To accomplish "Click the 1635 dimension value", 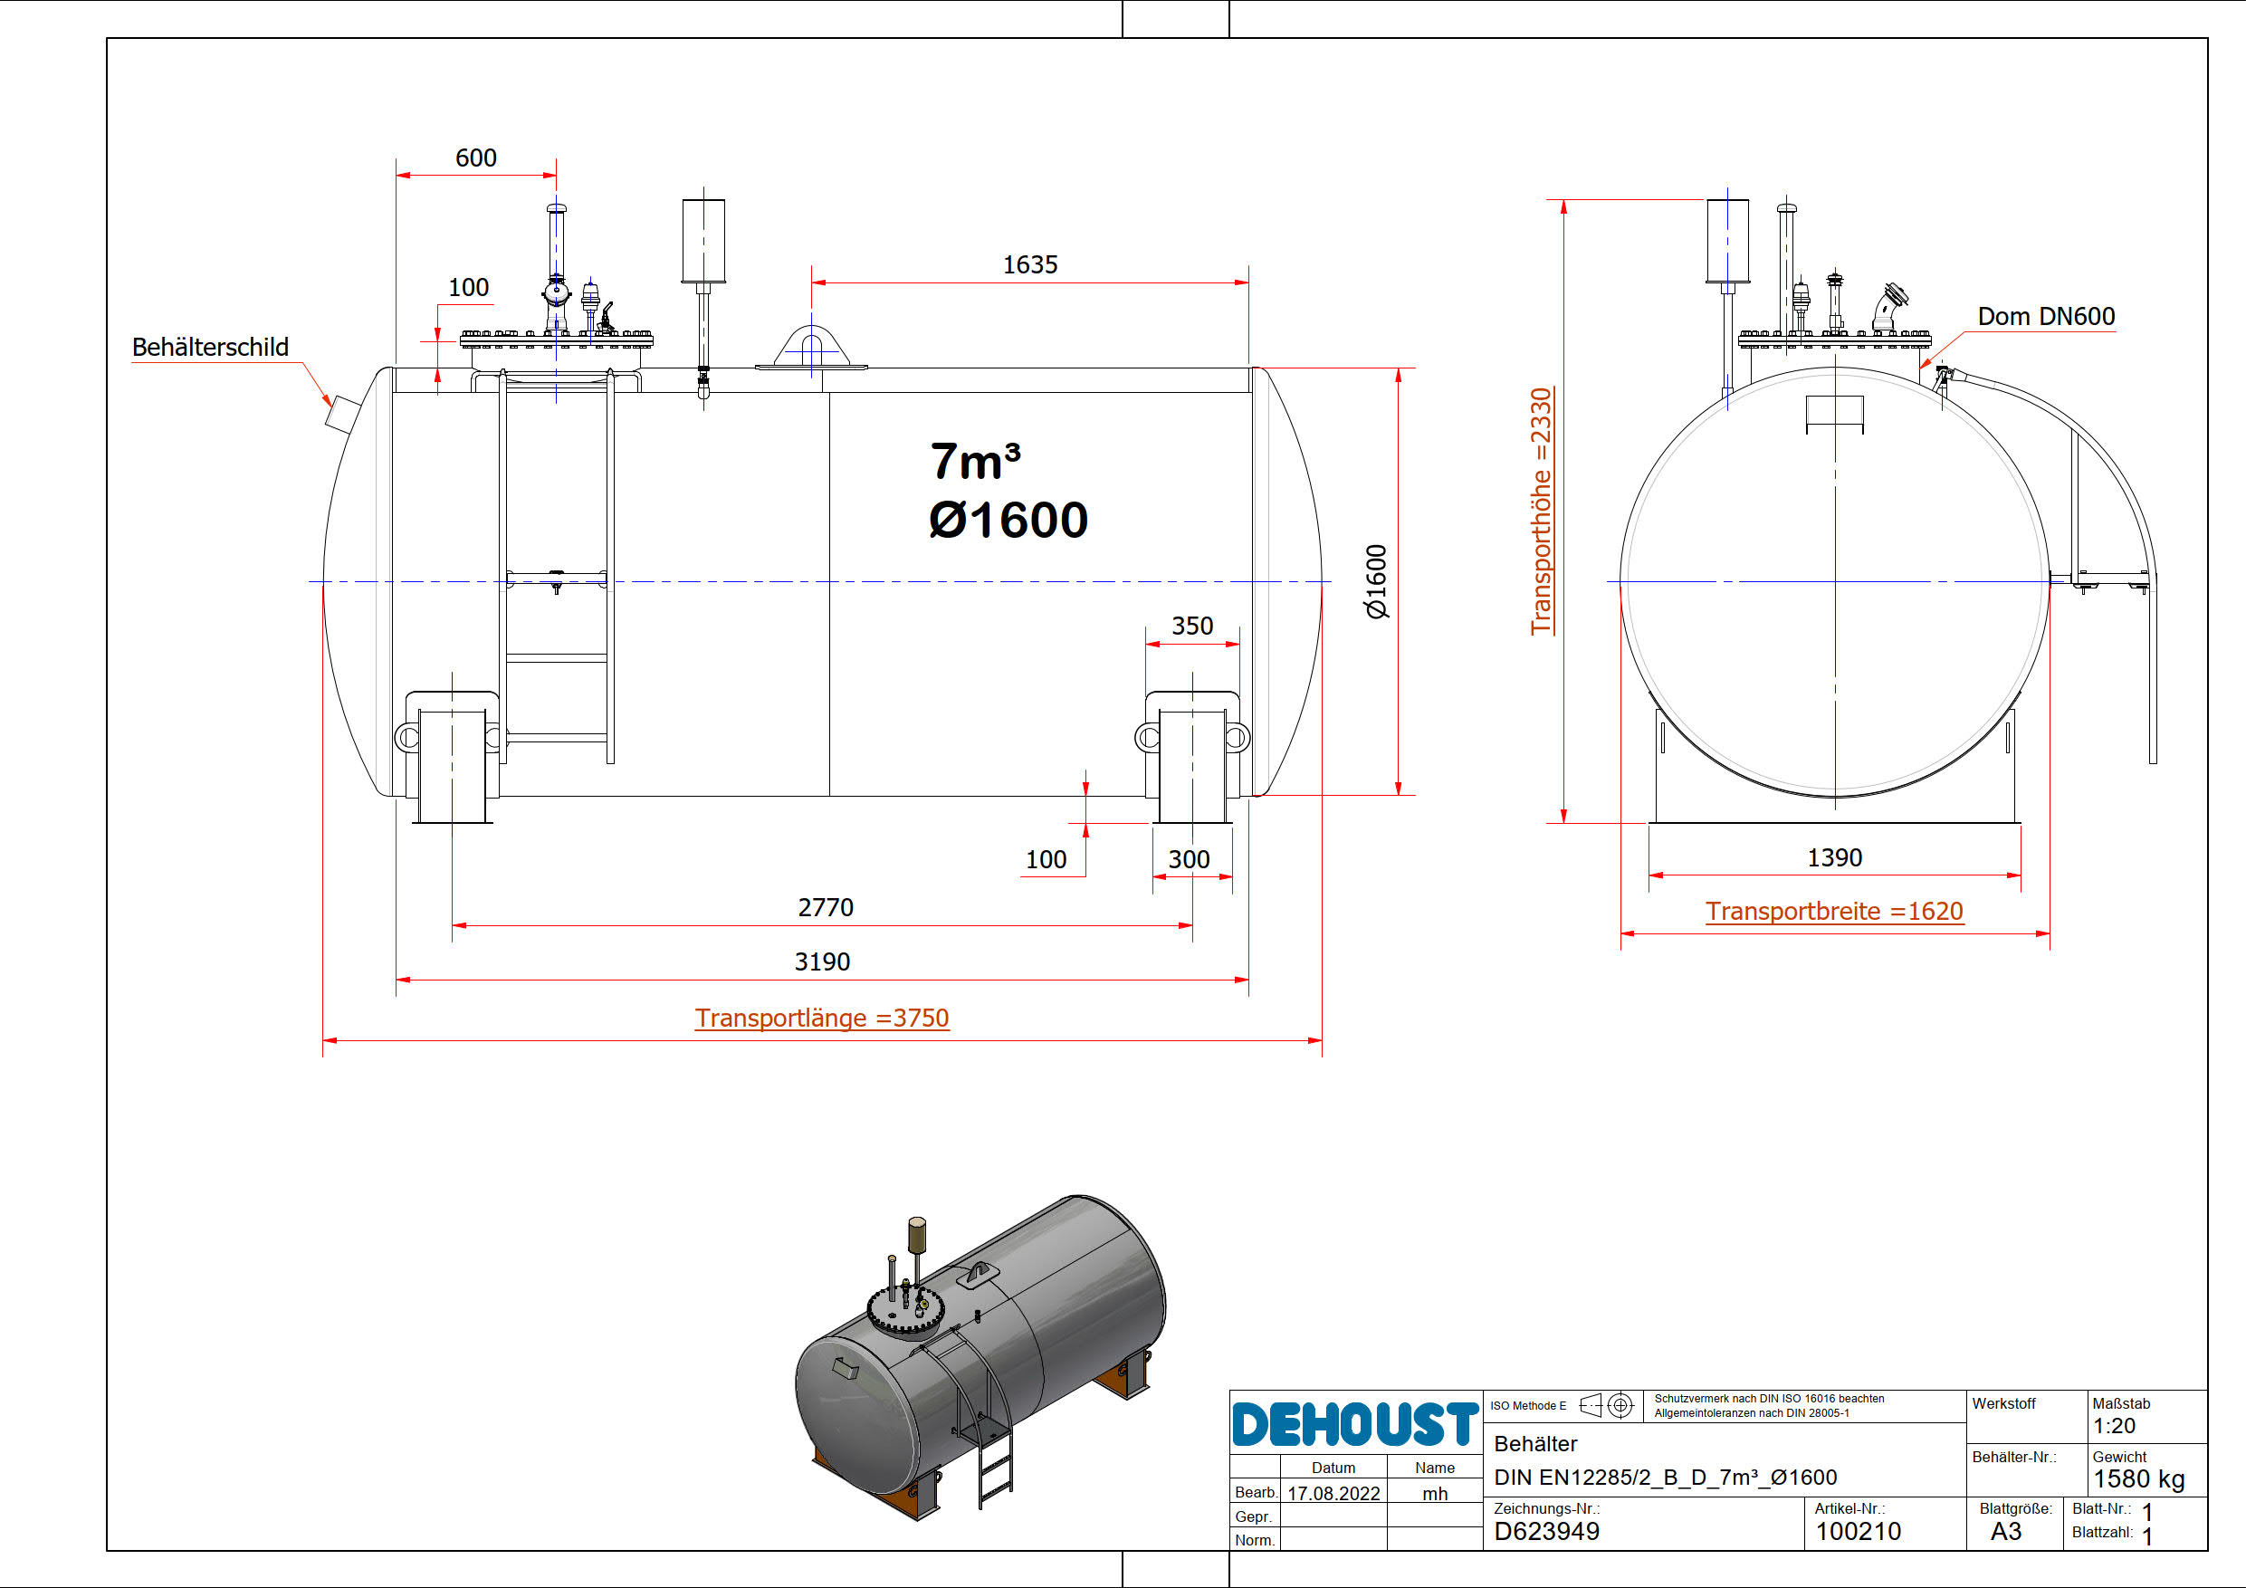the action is [1029, 264].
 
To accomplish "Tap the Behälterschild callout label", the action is [210, 348].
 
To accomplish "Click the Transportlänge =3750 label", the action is [822, 1018].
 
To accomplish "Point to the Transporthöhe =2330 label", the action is [1541, 511].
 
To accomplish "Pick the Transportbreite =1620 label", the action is [1834, 911].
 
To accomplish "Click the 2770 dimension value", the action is [826, 907].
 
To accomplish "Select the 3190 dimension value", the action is [822, 961].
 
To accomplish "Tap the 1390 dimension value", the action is [1834, 857].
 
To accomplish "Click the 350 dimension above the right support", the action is [1191, 626].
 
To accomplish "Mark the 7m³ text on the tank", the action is [975, 461].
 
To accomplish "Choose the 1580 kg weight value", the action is [2138, 1478].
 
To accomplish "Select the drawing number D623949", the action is [1546, 1531].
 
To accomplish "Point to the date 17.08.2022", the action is [1333, 1493].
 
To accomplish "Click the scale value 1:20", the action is [2114, 1426].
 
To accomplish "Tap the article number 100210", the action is [1858, 1531].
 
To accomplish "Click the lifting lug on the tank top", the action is [811, 349].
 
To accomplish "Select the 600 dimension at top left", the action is [475, 158].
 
